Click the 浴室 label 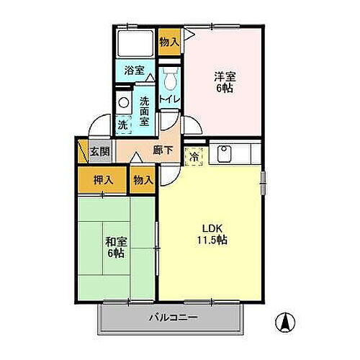click(x=134, y=71)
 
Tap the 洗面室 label click(x=145, y=111)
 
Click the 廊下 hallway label click(x=163, y=150)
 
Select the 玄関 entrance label click(x=99, y=152)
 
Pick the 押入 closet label click(x=102, y=180)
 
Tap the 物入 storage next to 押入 click(x=143, y=180)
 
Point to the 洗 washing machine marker click(x=123, y=125)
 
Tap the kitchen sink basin click(x=223, y=153)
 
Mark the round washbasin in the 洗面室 click(x=123, y=102)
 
